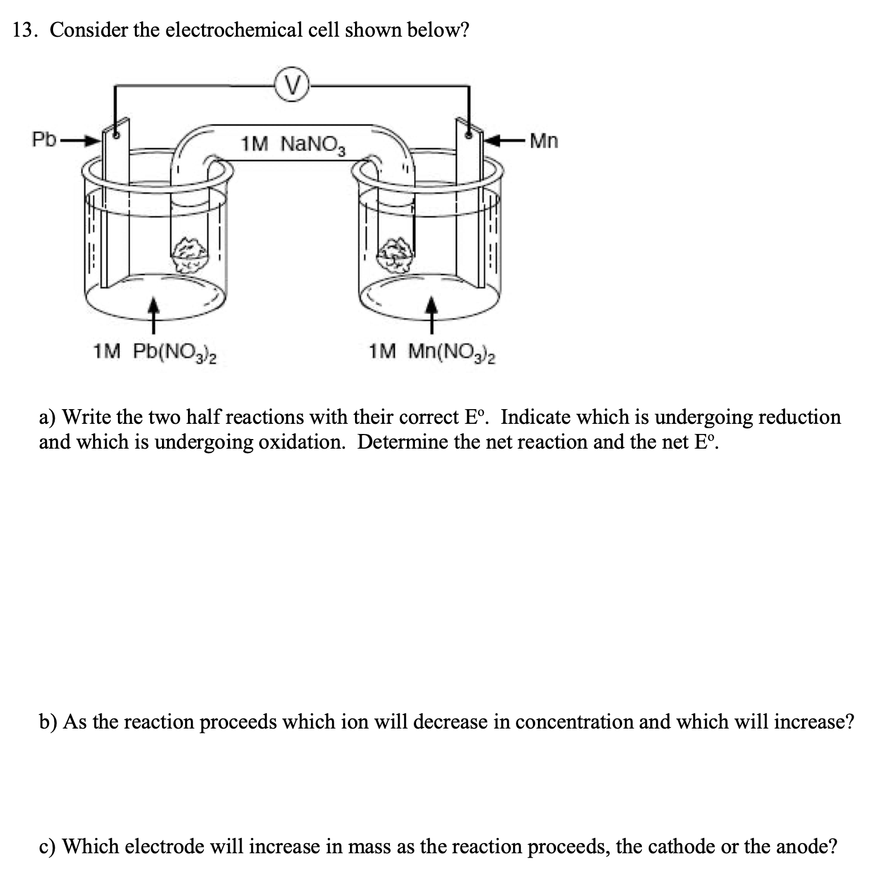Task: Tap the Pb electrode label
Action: [43, 139]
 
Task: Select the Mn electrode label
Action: [544, 141]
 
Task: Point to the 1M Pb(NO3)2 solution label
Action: [155, 352]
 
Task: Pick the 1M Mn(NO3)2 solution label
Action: [432, 353]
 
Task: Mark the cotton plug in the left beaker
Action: [190, 255]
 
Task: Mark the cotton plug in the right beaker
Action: [399, 255]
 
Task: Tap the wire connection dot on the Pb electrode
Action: [116, 136]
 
